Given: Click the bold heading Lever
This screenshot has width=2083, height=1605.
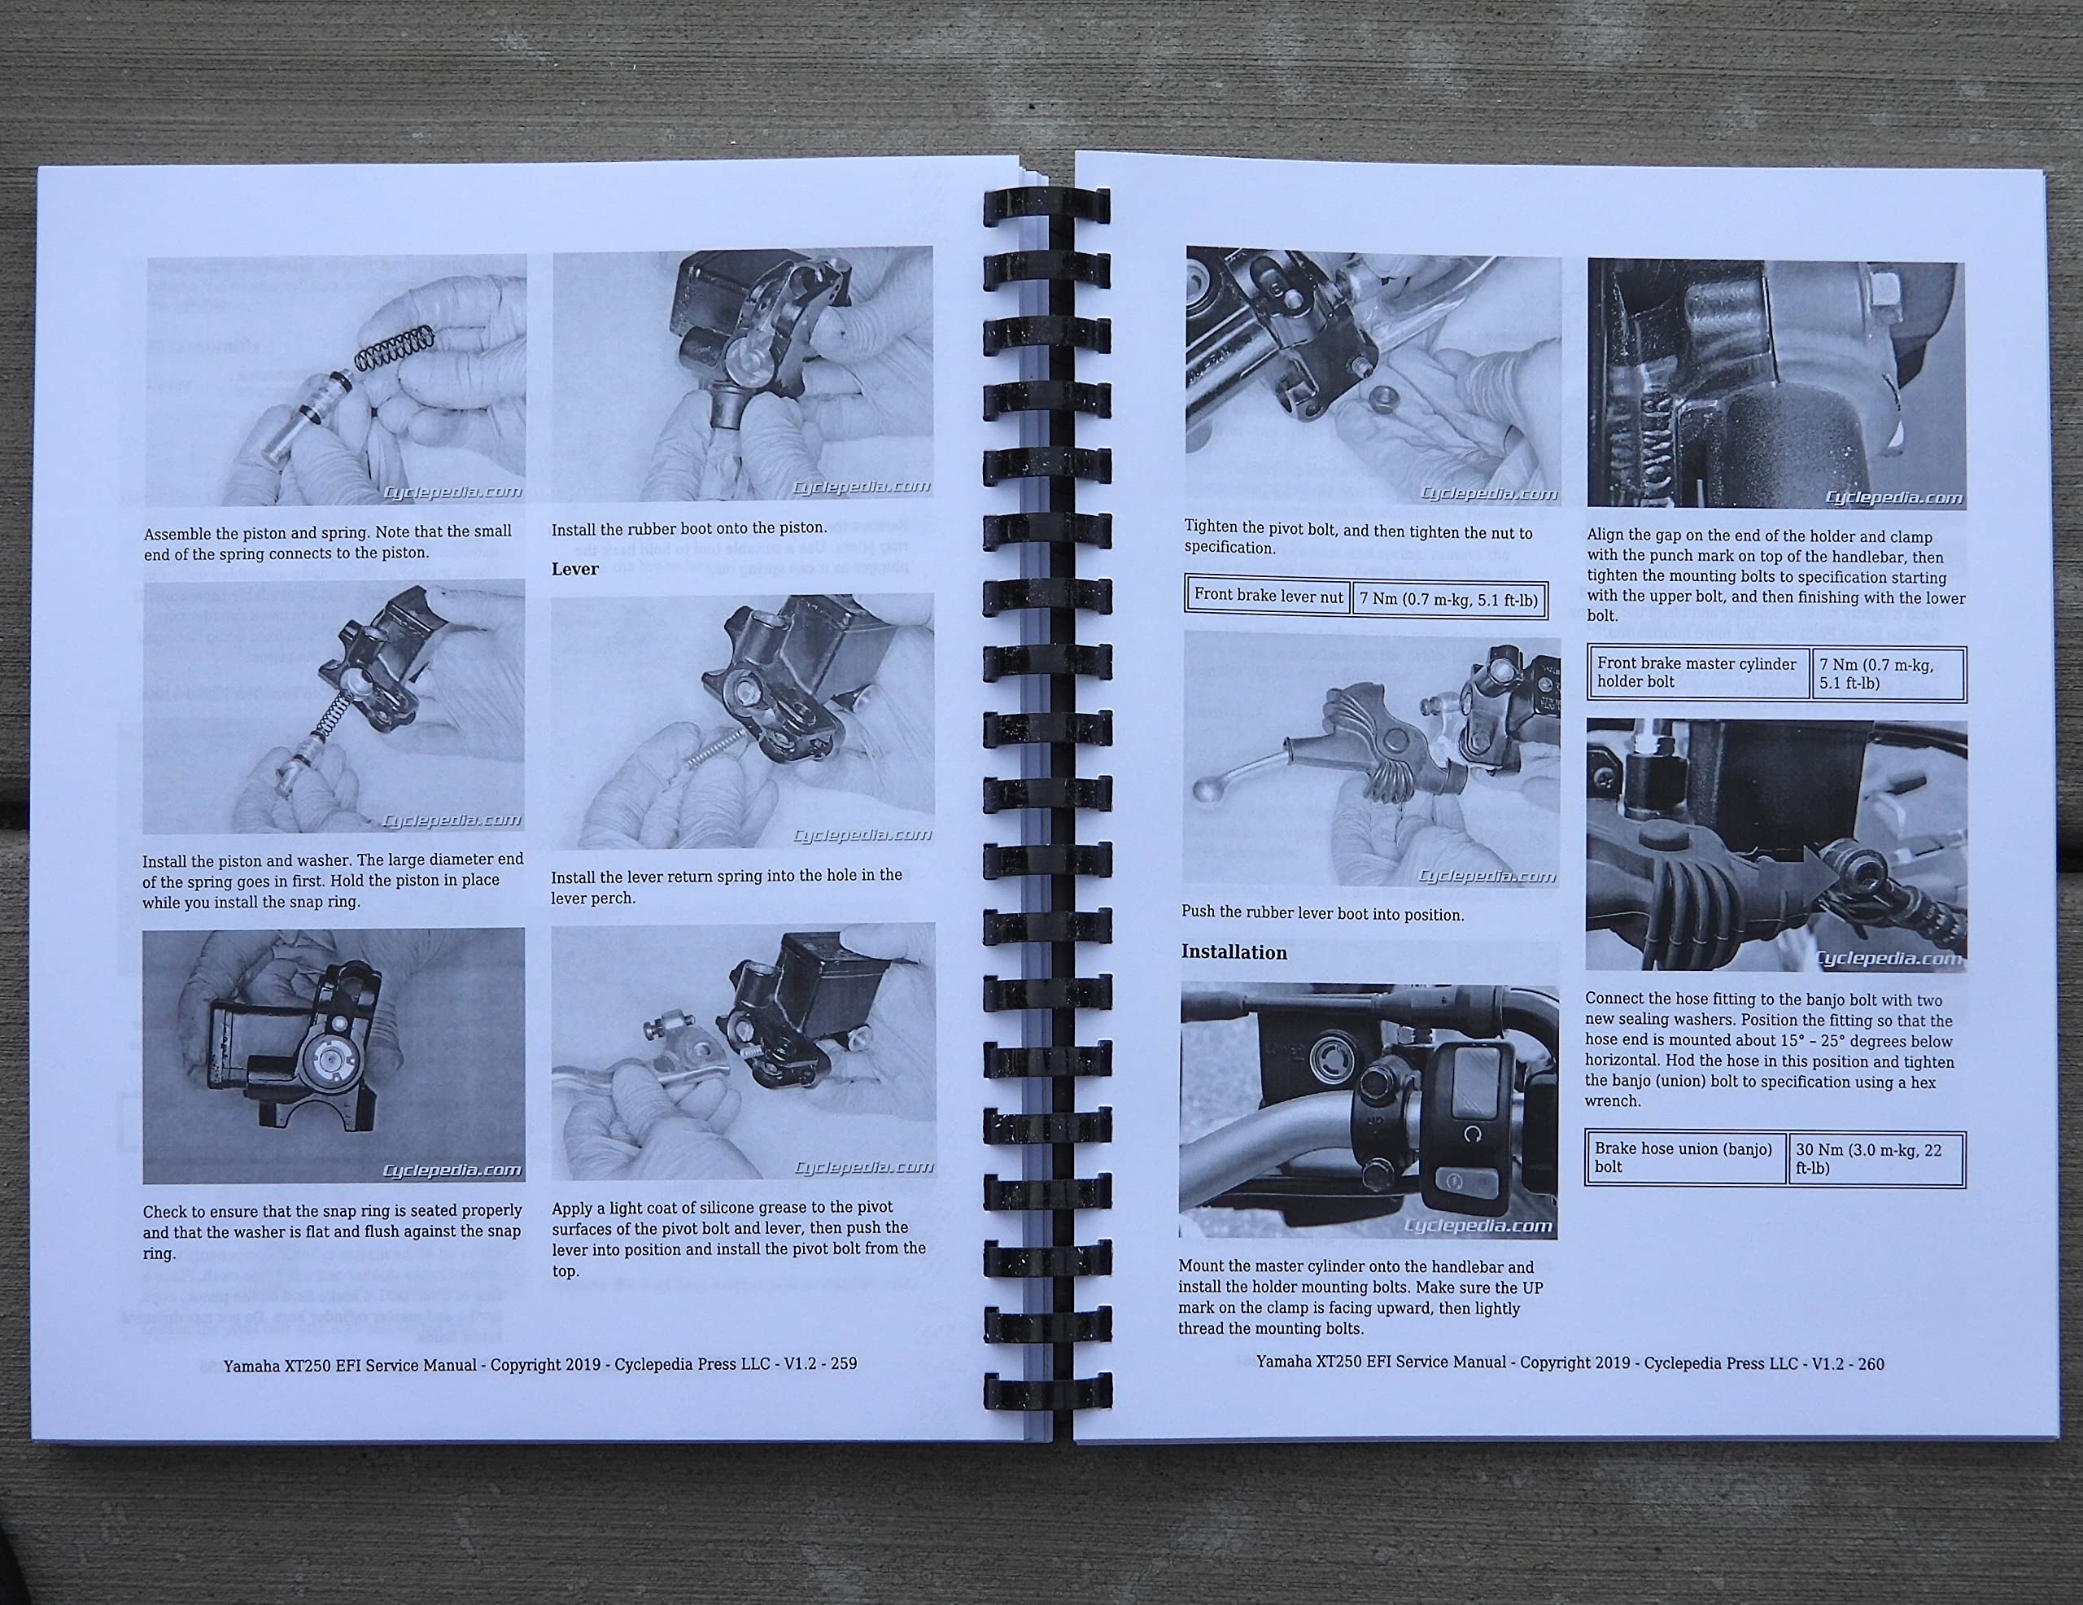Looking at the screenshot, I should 575,569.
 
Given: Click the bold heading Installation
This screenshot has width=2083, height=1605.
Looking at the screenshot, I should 1234,952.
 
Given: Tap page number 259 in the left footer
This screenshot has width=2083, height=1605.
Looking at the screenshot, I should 843,1365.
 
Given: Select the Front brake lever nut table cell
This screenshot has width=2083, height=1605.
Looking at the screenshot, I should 1268,596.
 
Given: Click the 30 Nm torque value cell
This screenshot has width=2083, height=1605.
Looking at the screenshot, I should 1874,1158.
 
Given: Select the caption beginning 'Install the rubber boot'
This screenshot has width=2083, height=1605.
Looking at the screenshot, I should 688,527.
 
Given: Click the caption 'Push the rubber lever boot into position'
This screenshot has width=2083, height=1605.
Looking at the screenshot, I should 1322,913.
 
